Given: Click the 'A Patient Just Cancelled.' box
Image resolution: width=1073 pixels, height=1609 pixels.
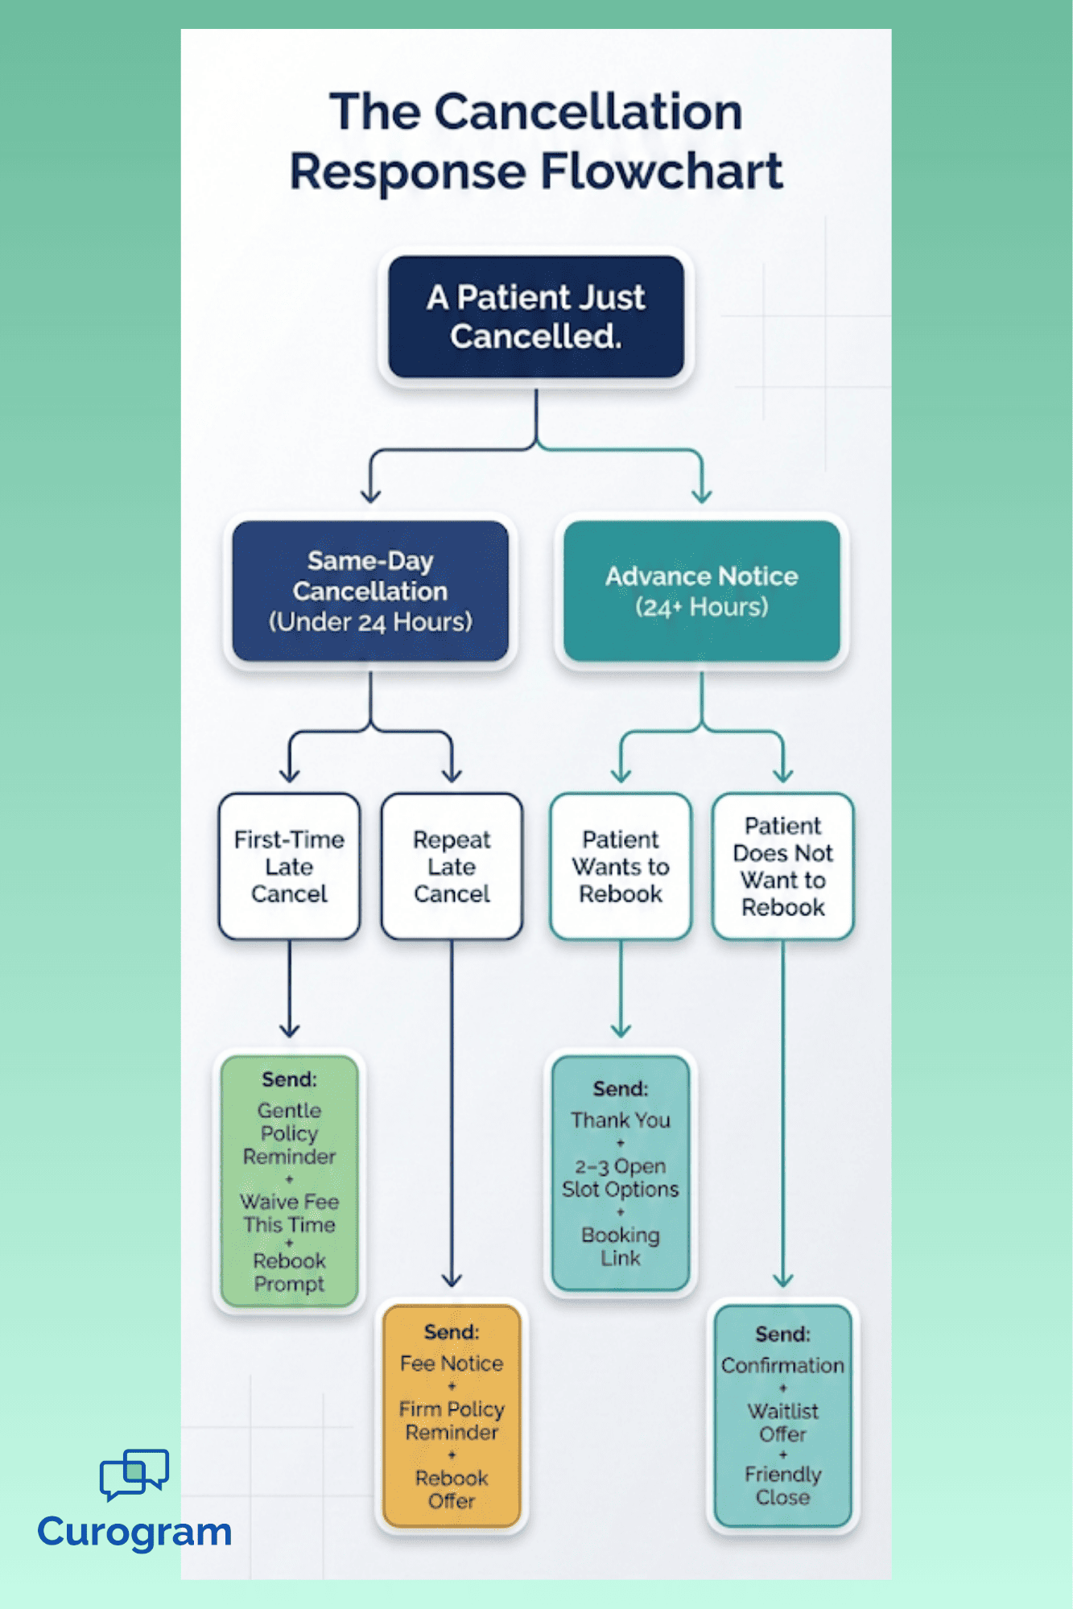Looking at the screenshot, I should [x=536, y=317].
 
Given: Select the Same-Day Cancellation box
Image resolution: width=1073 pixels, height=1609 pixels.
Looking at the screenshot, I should [x=370, y=591].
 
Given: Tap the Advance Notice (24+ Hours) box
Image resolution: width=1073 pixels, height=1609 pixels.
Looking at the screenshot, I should [x=701, y=591].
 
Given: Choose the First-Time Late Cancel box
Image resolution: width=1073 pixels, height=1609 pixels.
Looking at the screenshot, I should [x=289, y=866].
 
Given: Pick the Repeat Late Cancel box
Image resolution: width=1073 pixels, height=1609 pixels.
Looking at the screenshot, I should [x=452, y=866].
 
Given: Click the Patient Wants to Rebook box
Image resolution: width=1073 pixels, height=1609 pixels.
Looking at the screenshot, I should [x=620, y=866].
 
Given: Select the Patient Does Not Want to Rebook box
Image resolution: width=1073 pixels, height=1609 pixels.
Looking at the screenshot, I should [x=782, y=866].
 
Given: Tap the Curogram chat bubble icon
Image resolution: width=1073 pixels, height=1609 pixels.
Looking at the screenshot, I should [x=134, y=1474].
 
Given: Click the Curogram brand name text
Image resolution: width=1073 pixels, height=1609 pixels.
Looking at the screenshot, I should [x=134, y=1531].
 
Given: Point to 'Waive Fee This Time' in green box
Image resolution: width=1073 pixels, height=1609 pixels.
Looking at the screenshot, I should [x=289, y=1213].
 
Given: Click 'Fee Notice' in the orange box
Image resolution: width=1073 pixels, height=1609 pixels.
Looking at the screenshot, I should [x=452, y=1364].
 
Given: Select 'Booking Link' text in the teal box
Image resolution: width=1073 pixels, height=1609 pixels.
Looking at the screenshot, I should [x=620, y=1246].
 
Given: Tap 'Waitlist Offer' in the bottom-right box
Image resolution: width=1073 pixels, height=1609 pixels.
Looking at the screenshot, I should [x=782, y=1422].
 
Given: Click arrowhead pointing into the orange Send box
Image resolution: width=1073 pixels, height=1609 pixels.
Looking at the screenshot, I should [x=452, y=1279].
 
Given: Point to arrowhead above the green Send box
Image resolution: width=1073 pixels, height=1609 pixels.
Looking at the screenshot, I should [x=289, y=1029].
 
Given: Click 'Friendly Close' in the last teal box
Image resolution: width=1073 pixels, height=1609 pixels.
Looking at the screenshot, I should [x=782, y=1486].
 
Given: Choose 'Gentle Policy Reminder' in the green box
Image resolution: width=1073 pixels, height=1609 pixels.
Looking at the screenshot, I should [x=289, y=1133].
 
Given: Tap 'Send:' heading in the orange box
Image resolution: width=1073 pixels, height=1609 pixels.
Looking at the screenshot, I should [x=452, y=1332].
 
